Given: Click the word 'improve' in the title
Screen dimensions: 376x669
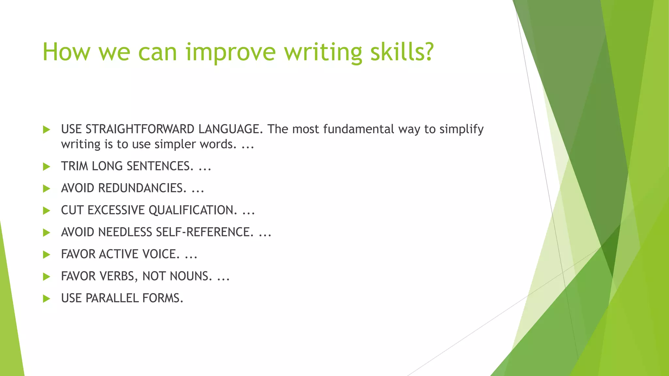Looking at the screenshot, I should (231, 52).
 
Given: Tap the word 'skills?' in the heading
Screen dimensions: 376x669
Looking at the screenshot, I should (402, 52).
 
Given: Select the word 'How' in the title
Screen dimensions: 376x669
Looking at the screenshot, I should (66, 52).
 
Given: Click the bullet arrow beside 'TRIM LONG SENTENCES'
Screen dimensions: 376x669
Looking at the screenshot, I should (47, 167).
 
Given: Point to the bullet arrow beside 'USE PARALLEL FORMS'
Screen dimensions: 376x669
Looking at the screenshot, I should (47, 299).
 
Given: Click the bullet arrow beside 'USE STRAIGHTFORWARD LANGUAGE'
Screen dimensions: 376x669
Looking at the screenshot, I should (47, 130).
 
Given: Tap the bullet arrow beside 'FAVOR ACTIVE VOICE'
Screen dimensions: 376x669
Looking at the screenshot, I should (47, 255).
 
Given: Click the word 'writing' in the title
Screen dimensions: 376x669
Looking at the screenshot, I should (323, 52).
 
